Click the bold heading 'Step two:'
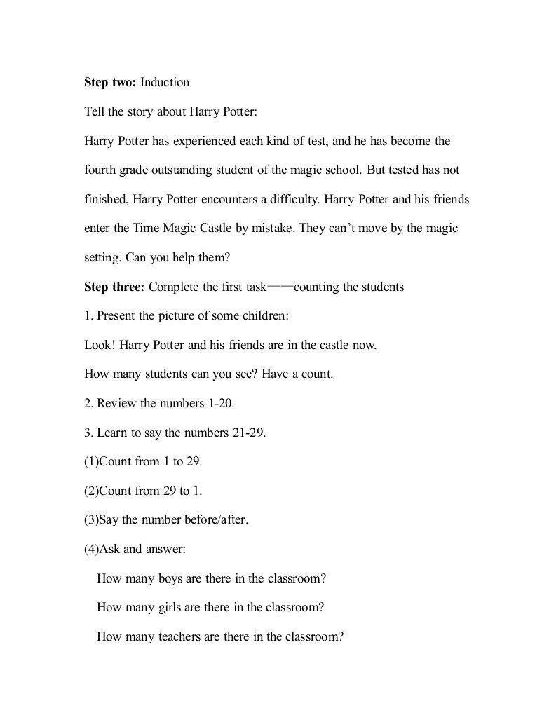click(110, 83)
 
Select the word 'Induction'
click(165, 83)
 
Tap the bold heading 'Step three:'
click(115, 287)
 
